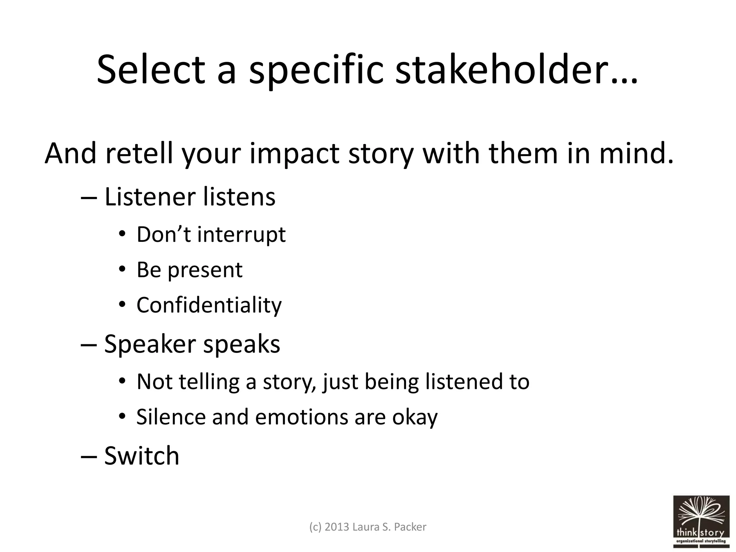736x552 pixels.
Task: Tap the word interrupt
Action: (x=241, y=235)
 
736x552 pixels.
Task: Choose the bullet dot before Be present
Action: (x=122, y=269)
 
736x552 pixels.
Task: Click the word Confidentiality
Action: (x=209, y=305)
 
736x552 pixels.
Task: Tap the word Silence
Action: (x=171, y=417)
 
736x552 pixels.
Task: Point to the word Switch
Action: (x=142, y=455)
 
